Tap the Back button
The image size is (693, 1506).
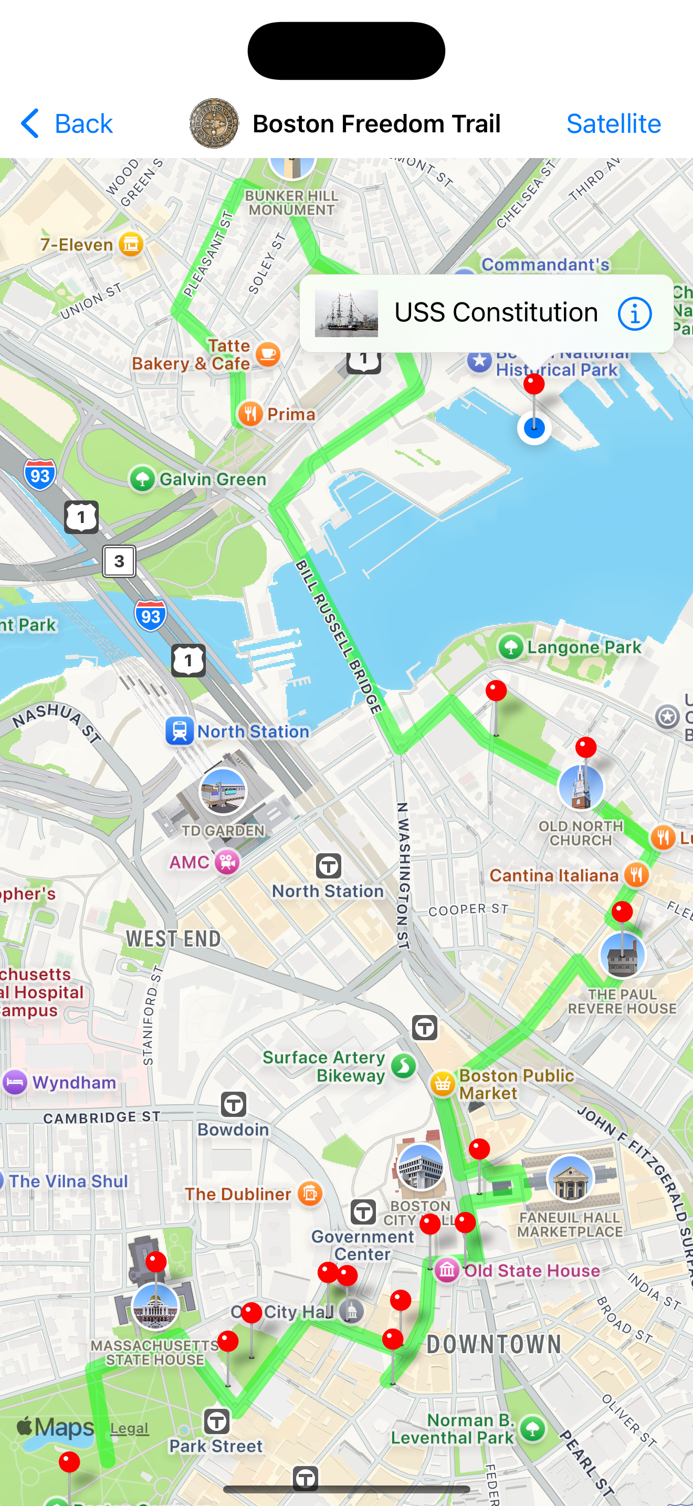[66, 123]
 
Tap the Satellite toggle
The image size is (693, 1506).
[613, 123]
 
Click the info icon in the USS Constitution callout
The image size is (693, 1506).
[634, 313]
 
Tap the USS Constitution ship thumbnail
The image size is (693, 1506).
[346, 313]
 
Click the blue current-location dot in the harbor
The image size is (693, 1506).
[534, 428]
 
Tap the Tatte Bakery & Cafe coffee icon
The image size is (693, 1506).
[268, 354]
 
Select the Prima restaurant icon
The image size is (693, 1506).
[250, 414]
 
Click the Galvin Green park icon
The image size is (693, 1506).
[142, 479]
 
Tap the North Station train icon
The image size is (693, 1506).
[180, 731]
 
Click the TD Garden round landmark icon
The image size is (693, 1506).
[223, 791]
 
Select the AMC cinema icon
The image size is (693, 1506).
[227, 862]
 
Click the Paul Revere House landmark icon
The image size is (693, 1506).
[622, 955]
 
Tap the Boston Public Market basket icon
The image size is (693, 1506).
[443, 1084]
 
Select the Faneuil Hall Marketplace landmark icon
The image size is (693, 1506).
[570, 1177]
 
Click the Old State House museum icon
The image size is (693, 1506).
[447, 1270]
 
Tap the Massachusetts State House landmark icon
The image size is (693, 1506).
[155, 1306]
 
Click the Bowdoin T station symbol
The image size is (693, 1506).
[233, 1104]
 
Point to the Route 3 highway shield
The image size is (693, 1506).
[119, 561]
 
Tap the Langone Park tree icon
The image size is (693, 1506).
[511, 647]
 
